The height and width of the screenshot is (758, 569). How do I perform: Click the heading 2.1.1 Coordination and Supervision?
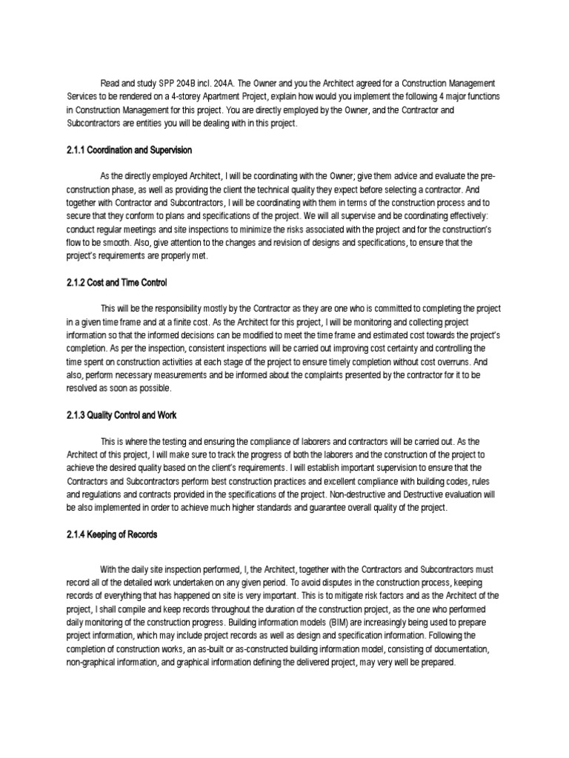[130, 150]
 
